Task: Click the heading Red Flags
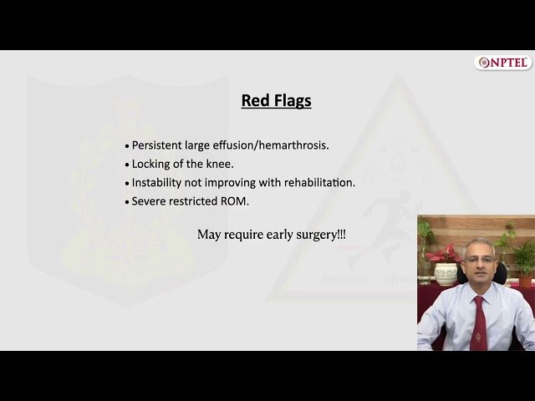click(276, 101)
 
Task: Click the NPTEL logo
click(503, 63)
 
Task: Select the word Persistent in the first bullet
click(159, 145)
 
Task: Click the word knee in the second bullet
click(220, 164)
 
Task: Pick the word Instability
click(159, 182)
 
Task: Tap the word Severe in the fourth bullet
click(149, 200)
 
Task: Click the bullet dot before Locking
click(127, 165)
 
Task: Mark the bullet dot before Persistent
click(127, 146)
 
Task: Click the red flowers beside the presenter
click(440, 253)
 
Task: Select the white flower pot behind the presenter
click(446, 273)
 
